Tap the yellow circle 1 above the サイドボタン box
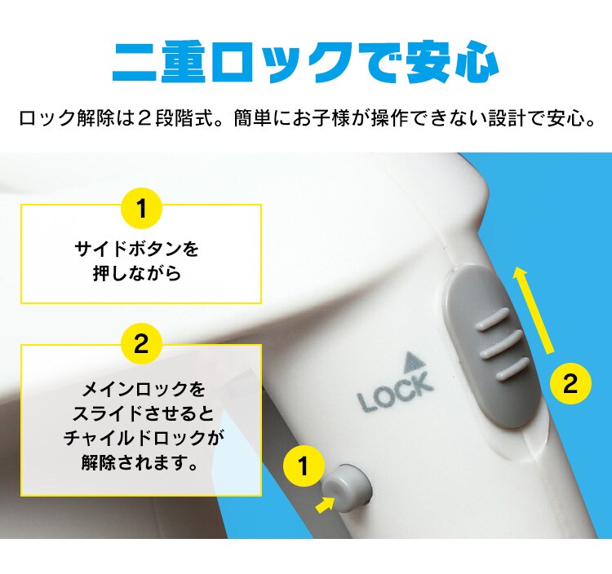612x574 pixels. (x=141, y=210)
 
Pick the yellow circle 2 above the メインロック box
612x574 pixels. (x=141, y=344)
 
